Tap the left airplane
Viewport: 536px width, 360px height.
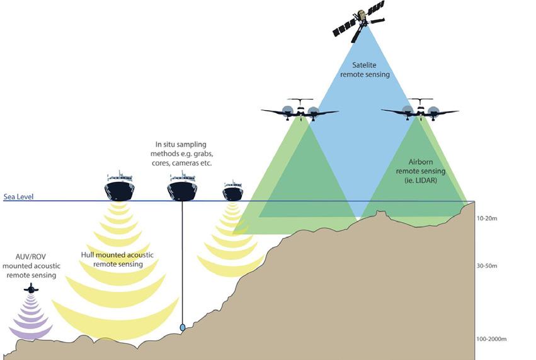300,111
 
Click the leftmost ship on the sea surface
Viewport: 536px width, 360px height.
119,187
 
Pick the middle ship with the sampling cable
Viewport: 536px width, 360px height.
182,187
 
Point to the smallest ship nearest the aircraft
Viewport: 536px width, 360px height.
232,189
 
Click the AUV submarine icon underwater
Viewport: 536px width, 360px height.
30,288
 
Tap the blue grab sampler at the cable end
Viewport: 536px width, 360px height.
183,327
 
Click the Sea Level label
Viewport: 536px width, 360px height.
18,196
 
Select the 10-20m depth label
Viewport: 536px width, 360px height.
487,218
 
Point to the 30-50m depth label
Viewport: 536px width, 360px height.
487,266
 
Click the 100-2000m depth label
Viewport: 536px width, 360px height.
492,339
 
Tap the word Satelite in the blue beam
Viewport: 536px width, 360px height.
365,65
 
